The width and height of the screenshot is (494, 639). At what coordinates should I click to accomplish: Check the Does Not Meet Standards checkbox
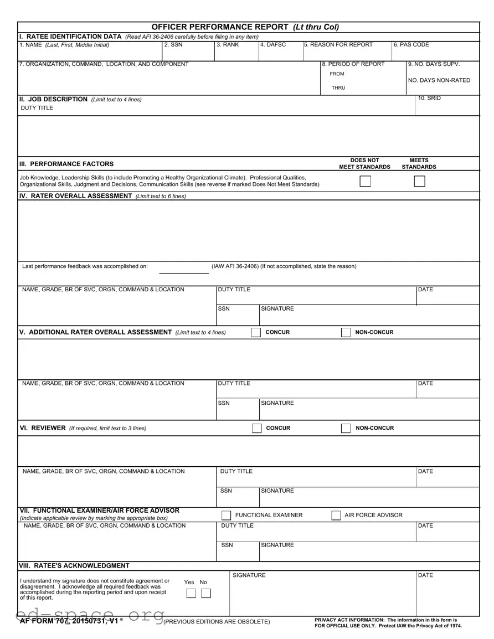[365, 181]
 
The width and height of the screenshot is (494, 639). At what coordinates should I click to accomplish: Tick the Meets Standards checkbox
[419, 181]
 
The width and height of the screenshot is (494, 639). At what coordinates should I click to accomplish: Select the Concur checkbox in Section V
[255, 332]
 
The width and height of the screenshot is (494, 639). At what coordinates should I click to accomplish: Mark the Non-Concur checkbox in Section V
[346, 332]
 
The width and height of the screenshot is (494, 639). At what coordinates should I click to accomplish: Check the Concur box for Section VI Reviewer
[256, 428]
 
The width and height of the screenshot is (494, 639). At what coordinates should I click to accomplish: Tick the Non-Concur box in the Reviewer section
[346, 428]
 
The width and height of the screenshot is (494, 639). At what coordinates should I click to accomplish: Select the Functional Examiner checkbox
[226, 516]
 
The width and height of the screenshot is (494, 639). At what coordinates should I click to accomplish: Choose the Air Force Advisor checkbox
[336, 516]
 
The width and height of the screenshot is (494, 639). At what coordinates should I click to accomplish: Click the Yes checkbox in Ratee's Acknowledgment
[191, 594]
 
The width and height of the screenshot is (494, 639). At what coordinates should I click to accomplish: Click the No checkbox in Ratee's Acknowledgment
[205, 594]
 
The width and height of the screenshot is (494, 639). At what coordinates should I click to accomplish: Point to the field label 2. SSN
[173, 45]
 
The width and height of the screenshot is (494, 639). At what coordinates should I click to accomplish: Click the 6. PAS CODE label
[411, 45]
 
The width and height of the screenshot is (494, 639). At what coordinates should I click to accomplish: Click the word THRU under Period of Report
[338, 88]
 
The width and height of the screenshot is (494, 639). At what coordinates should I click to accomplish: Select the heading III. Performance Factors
[66, 164]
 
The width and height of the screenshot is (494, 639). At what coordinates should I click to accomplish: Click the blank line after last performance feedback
[184, 271]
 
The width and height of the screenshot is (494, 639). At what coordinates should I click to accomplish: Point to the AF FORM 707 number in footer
[69, 621]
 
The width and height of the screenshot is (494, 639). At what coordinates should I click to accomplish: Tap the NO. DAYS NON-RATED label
[439, 80]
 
